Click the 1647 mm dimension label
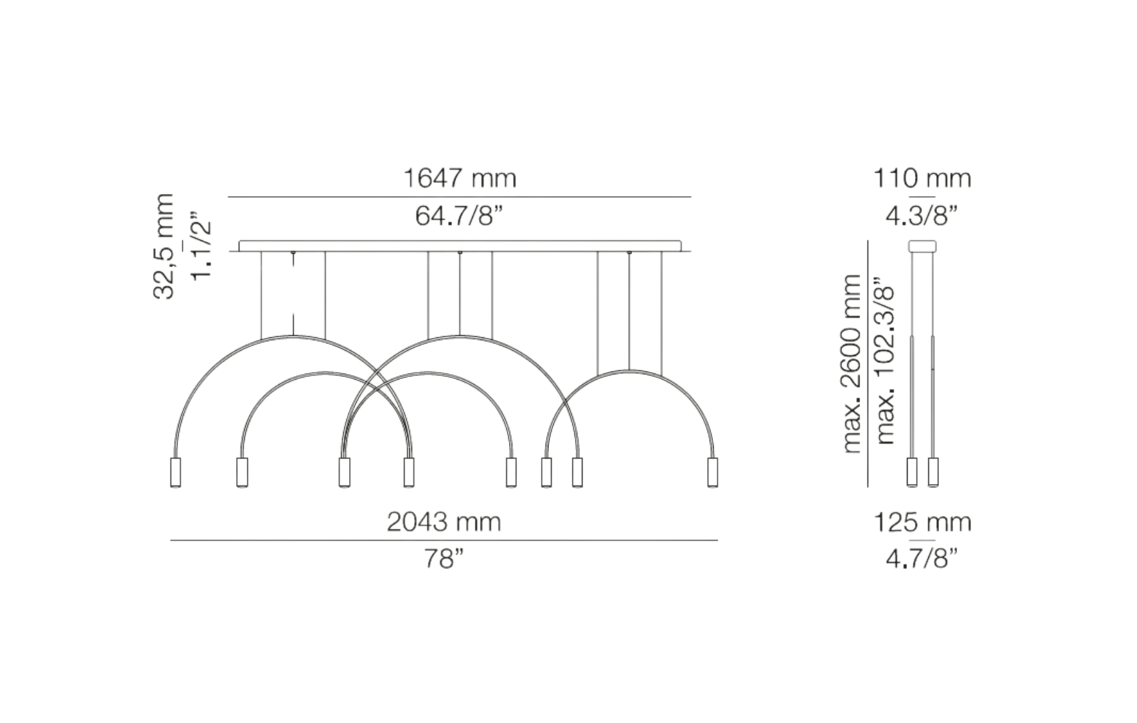pyautogui.click(x=459, y=178)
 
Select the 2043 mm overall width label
pyautogui.click(x=443, y=521)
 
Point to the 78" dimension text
pyautogui.click(x=443, y=559)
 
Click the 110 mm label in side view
pyautogui.click(x=922, y=178)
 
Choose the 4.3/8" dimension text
pyautogui.click(x=921, y=216)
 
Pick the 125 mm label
pyautogui.click(x=922, y=522)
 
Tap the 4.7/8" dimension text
pyautogui.click(x=921, y=559)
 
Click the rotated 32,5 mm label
pyautogui.click(x=163, y=246)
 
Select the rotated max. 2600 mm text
pyautogui.click(x=851, y=364)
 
